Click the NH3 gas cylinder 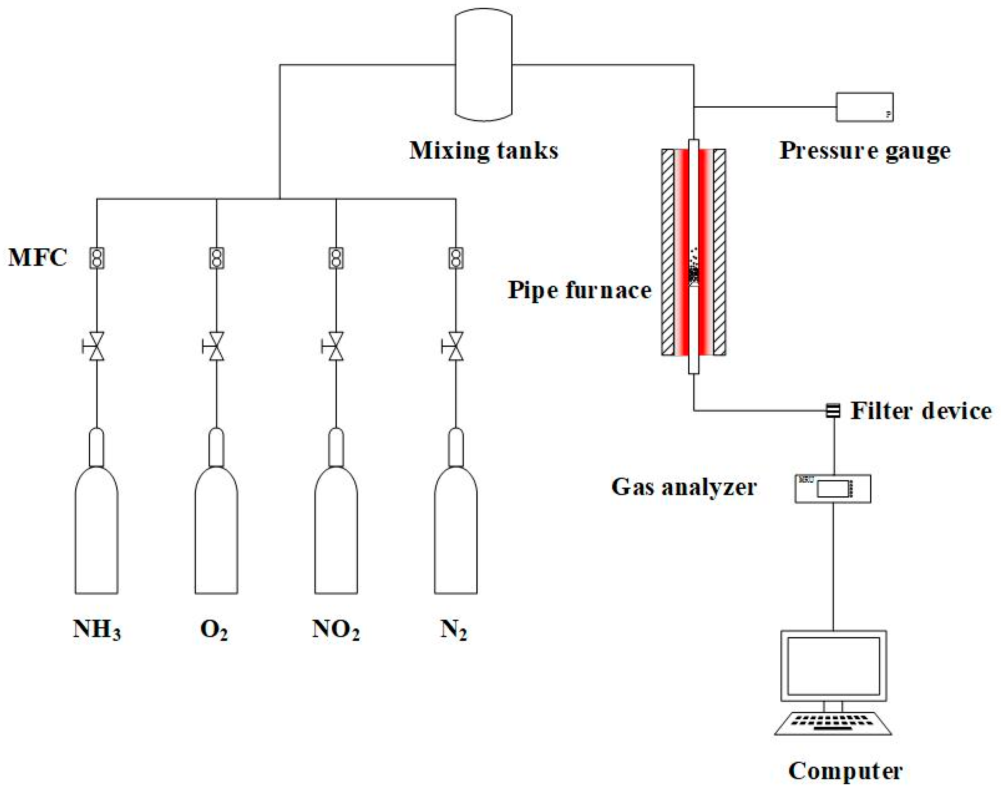(x=96, y=529)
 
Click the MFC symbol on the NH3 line (x=96, y=258)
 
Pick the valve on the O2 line (x=216, y=346)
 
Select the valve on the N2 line (x=456, y=346)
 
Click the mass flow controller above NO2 (x=336, y=258)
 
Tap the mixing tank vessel (x=483, y=65)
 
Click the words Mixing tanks (x=483, y=151)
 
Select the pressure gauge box (x=864, y=107)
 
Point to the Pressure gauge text (x=864, y=151)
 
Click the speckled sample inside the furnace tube (x=693, y=272)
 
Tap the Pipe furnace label (x=579, y=291)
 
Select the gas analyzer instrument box (x=832, y=488)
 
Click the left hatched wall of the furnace (x=668, y=252)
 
